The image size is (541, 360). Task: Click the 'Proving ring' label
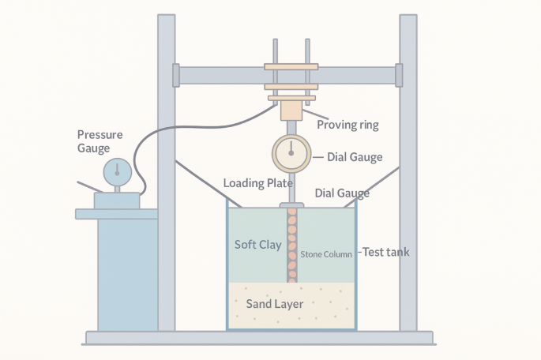click(348, 125)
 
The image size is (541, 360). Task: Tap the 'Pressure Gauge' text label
click(100, 141)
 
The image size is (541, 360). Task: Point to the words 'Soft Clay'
click(258, 245)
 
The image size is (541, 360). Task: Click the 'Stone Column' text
click(326, 254)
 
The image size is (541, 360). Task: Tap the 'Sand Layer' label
click(275, 304)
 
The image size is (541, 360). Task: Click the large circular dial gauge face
click(291, 153)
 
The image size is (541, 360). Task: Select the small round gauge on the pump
click(117, 169)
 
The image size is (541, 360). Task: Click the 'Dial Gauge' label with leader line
click(354, 157)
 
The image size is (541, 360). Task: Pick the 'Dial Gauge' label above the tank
click(342, 193)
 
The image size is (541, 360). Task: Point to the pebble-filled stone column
click(291, 245)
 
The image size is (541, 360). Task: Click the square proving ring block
click(291, 110)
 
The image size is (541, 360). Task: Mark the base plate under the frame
click(261, 338)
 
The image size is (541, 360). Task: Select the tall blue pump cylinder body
click(126, 272)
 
